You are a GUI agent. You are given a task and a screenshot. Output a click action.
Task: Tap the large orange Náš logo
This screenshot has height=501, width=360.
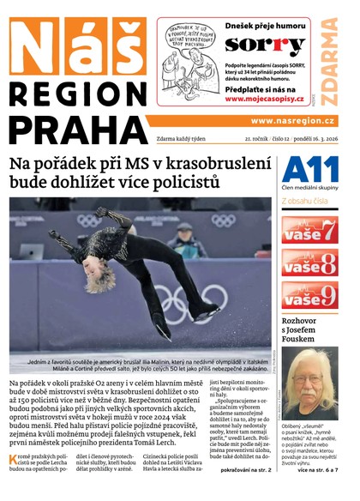pyautogui.click(x=75, y=47)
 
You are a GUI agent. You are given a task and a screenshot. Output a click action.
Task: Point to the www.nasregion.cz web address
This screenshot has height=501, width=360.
pyautogui.click(x=292, y=122)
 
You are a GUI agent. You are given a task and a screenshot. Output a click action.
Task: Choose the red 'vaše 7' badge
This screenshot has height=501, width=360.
pyautogui.click(x=309, y=229)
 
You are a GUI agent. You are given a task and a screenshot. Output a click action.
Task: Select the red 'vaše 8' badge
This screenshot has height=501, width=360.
pyautogui.click(x=309, y=262)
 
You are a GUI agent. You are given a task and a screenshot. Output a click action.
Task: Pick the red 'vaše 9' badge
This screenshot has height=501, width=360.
pyautogui.click(x=309, y=294)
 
